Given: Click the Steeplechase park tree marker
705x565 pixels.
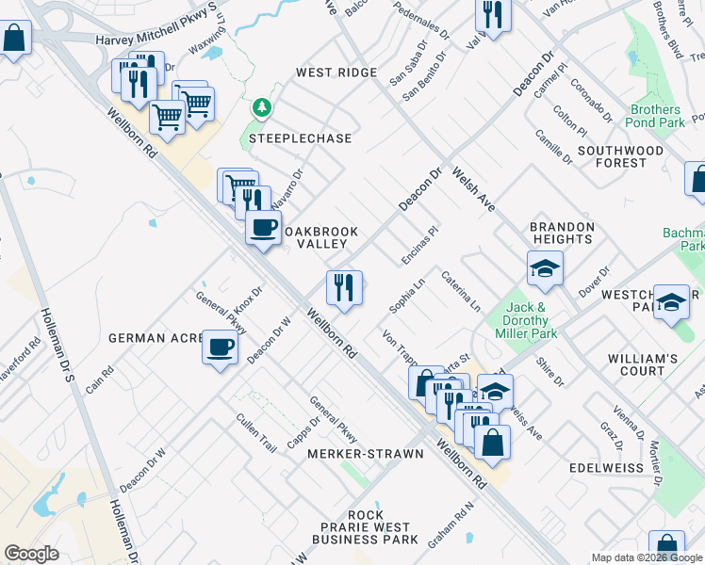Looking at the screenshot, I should [x=261, y=108].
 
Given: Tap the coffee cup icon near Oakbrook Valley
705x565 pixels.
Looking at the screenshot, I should [x=263, y=229].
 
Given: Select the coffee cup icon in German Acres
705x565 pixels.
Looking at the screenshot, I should [x=220, y=348].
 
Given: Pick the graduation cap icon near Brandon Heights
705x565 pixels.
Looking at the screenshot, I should [x=545, y=269].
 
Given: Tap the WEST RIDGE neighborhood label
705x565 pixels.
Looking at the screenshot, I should [x=336, y=73].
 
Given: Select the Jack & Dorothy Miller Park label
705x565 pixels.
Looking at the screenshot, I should [x=527, y=320].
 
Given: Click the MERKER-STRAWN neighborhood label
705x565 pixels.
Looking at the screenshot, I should [x=366, y=454].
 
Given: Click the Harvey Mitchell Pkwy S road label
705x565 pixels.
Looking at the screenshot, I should [x=160, y=40].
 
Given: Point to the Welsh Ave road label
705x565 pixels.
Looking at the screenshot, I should [x=472, y=188].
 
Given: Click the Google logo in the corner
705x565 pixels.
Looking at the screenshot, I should [x=32, y=554].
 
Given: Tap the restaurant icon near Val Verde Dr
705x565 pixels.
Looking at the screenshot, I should [x=493, y=13].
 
